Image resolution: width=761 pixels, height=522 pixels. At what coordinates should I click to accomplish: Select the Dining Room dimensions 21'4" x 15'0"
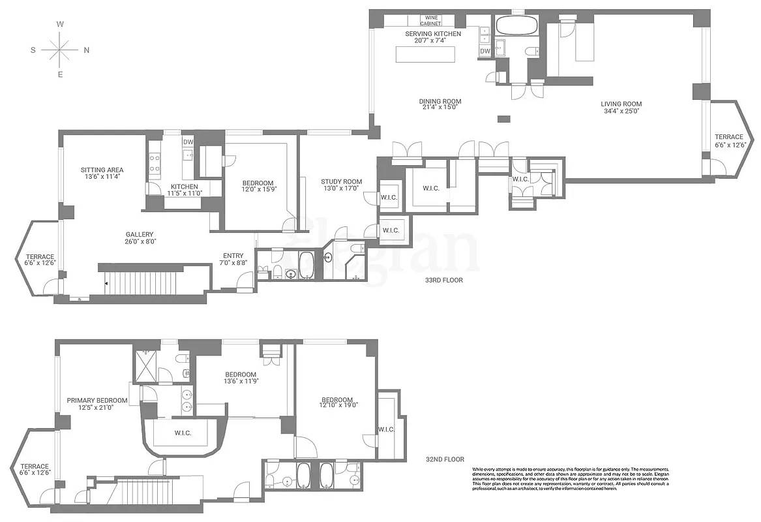pyautogui.click(x=440, y=109)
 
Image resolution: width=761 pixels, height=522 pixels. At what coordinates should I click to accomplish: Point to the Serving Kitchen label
pyautogui.click(x=433, y=34)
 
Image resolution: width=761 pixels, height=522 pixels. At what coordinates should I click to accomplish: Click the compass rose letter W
pyautogui.click(x=60, y=23)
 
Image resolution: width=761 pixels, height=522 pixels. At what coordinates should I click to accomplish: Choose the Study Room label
pyautogui.click(x=341, y=182)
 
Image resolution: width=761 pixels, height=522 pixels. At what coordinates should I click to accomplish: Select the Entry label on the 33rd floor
pyautogui.click(x=233, y=256)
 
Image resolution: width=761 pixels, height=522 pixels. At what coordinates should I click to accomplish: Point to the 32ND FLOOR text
pyautogui.click(x=445, y=459)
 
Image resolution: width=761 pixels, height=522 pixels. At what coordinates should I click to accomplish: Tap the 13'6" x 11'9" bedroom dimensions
pyautogui.click(x=240, y=381)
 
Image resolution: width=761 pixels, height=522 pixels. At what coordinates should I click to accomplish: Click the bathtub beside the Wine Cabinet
pyautogui.click(x=516, y=26)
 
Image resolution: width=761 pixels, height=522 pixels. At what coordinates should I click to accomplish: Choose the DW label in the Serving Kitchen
pyautogui.click(x=485, y=52)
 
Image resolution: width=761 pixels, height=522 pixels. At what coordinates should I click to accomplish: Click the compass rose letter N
pyautogui.click(x=86, y=50)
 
